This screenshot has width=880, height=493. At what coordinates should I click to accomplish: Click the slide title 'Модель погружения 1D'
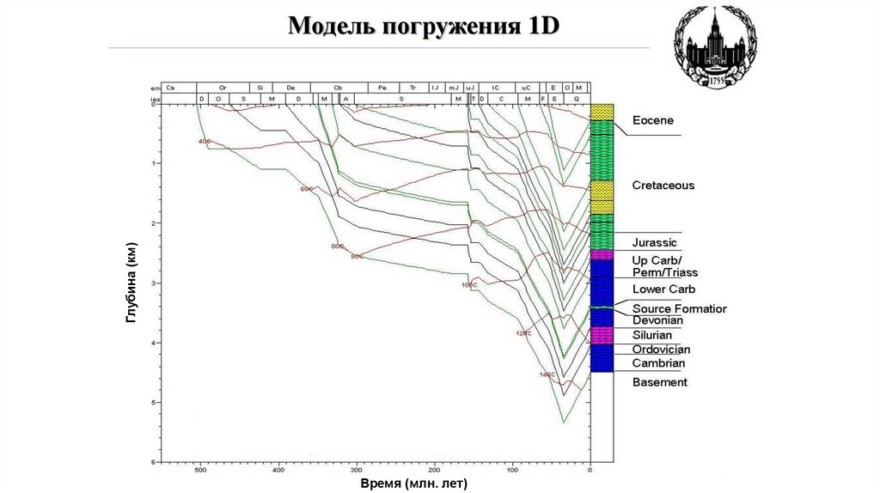tap(423, 26)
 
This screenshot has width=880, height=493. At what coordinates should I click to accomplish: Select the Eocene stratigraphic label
tap(653, 120)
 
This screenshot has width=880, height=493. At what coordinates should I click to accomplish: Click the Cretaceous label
tap(663, 186)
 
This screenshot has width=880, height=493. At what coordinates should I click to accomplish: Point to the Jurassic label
tap(654, 243)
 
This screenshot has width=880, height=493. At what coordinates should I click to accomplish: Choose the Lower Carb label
tap(663, 289)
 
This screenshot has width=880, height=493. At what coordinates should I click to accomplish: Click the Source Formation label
tap(679, 308)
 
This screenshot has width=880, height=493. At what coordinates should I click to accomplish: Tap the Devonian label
tap(657, 320)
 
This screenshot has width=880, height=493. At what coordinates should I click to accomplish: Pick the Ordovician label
tap(661, 350)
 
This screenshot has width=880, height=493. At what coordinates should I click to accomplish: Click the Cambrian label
tap(658, 363)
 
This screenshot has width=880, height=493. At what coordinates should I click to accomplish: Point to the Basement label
tap(659, 382)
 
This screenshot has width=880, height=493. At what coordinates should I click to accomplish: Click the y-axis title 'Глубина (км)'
tap(131, 283)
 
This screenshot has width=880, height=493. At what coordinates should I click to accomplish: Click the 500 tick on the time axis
tap(199, 470)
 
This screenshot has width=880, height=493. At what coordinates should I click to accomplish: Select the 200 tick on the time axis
tap(434, 470)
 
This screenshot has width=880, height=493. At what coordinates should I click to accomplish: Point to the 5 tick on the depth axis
tap(152, 402)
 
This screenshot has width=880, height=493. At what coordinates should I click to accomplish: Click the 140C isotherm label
tap(547, 375)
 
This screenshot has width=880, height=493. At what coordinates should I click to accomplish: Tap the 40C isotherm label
tap(204, 142)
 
